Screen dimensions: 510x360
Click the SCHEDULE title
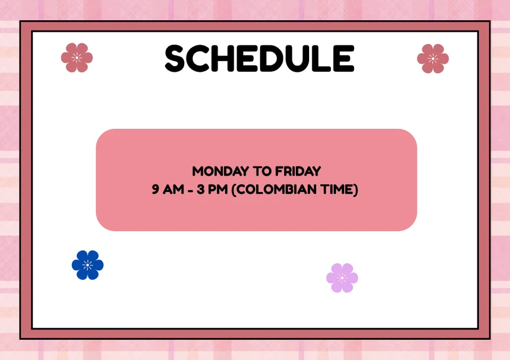(x=260, y=59)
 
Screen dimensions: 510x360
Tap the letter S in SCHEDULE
(x=176, y=59)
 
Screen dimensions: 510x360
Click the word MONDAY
(x=220, y=171)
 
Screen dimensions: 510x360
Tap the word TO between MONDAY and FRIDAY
(x=262, y=171)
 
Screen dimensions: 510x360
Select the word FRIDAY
(x=298, y=171)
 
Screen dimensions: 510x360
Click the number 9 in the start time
(x=155, y=189)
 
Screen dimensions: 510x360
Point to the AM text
(x=173, y=189)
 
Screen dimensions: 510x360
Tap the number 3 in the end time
(x=200, y=189)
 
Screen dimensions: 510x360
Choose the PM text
(x=218, y=189)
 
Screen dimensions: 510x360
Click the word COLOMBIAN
(x=276, y=189)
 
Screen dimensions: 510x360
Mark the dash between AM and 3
(x=191, y=190)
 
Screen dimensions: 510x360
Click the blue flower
(x=87, y=265)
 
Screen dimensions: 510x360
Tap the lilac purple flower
(x=342, y=278)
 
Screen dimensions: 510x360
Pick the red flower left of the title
(x=77, y=58)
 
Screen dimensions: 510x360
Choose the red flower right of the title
(x=433, y=59)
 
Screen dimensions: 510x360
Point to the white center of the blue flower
(x=87, y=265)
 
